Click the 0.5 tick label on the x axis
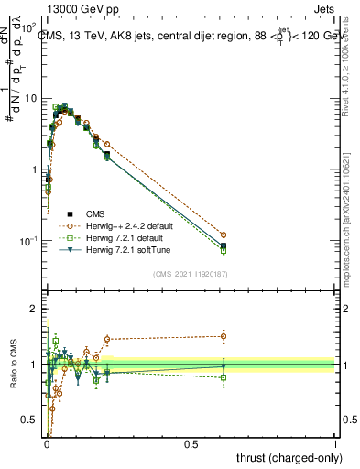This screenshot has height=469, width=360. (x=191, y=443)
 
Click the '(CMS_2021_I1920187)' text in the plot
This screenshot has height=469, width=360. (x=190, y=272)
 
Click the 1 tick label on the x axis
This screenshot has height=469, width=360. (x=334, y=443)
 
